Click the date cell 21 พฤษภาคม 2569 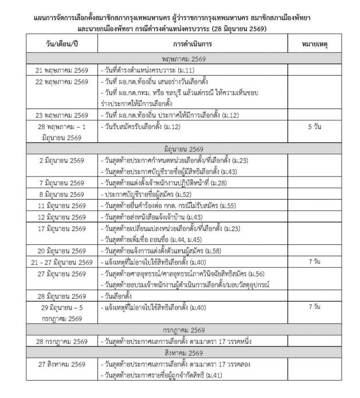[62, 69]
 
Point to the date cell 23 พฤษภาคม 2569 [62, 115]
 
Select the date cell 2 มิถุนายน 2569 [62, 160]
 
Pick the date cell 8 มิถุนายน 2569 [62, 194]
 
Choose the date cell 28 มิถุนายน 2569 [62, 295]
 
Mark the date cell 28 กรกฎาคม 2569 [62, 341]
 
